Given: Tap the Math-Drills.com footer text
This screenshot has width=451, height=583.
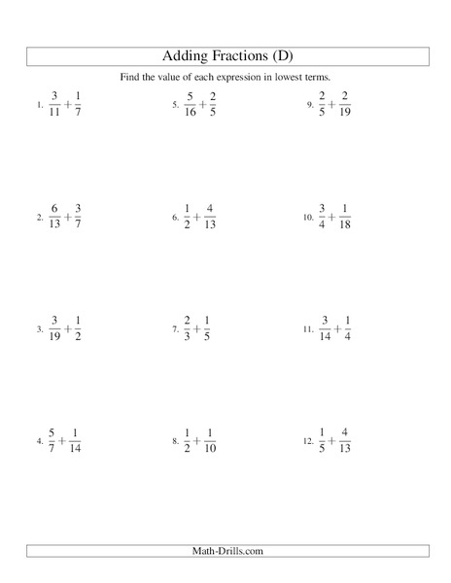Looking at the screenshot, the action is (x=225, y=551).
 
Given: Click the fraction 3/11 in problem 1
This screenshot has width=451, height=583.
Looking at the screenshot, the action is (x=55, y=102).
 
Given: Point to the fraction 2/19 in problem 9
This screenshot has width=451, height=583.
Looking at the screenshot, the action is (x=349, y=103).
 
